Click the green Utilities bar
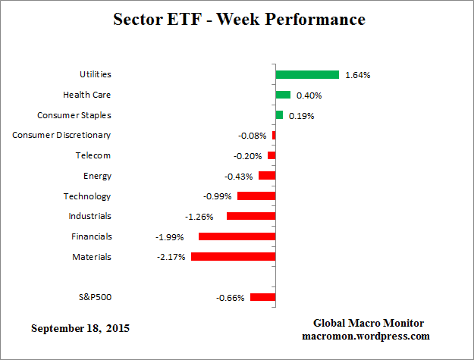[x=306, y=74]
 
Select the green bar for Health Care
[x=283, y=95]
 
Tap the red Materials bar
[x=233, y=257]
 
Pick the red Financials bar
[x=237, y=236]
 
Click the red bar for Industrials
[x=250, y=216]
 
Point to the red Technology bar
[x=256, y=196]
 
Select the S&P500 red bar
[x=262, y=297]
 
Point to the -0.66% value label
[x=230, y=298]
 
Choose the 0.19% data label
[x=301, y=116]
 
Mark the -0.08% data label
[x=252, y=136]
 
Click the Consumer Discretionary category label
[x=61, y=135]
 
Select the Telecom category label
[x=93, y=155]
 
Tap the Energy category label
[x=97, y=176]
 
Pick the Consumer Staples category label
[x=74, y=115]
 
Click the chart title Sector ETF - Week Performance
[x=239, y=19]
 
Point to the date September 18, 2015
[x=80, y=329]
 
